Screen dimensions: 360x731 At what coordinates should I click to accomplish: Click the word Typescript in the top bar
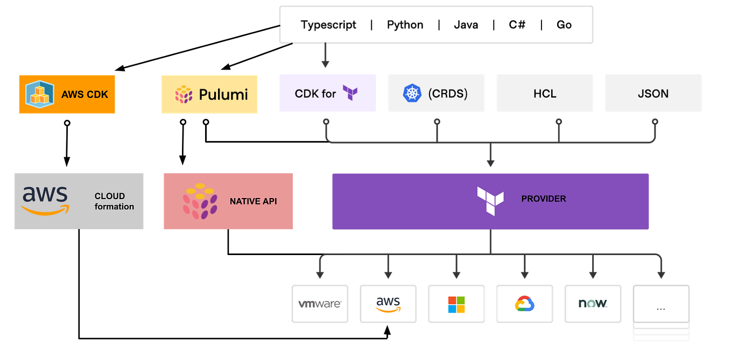click(328, 25)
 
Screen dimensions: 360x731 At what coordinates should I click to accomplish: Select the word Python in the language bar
click(405, 25)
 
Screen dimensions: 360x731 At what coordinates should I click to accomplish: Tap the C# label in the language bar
click(517, 25)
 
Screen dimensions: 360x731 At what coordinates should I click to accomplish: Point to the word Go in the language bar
click(564, 25)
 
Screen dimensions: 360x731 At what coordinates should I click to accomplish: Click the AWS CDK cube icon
click(40, 94)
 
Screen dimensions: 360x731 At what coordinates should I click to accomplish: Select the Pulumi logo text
click(223, 95)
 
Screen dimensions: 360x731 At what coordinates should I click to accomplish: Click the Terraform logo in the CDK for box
click(350, 93)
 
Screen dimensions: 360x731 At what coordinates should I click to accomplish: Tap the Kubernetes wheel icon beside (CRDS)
click(412, 94)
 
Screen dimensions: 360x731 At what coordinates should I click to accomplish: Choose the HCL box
click(544, 94)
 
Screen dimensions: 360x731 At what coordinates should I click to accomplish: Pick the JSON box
click(653, 94)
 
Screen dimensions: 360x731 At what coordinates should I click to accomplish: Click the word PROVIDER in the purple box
click(543, 199)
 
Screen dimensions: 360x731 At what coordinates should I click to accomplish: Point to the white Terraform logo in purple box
click(490, 201)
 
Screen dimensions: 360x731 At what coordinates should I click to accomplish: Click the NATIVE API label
click(253, 201)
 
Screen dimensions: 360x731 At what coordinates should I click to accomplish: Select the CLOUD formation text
click(114, 201)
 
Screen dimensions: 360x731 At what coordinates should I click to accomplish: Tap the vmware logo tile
click(320, 304)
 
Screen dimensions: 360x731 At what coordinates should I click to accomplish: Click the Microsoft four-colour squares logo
click(456, 304)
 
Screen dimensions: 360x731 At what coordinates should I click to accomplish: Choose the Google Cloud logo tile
click(524, 304)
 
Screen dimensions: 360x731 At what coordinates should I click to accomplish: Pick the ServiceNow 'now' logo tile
click(593, 303)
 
